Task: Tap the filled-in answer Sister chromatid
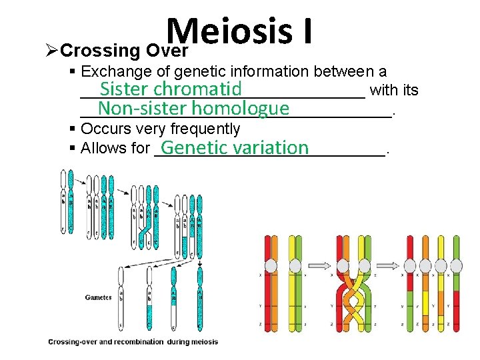[x=171, y=89]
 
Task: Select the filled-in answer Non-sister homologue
[x=193, y=109]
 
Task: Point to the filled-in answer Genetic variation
[x=234, y=147]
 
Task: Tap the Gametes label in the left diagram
[x=98, y=297]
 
